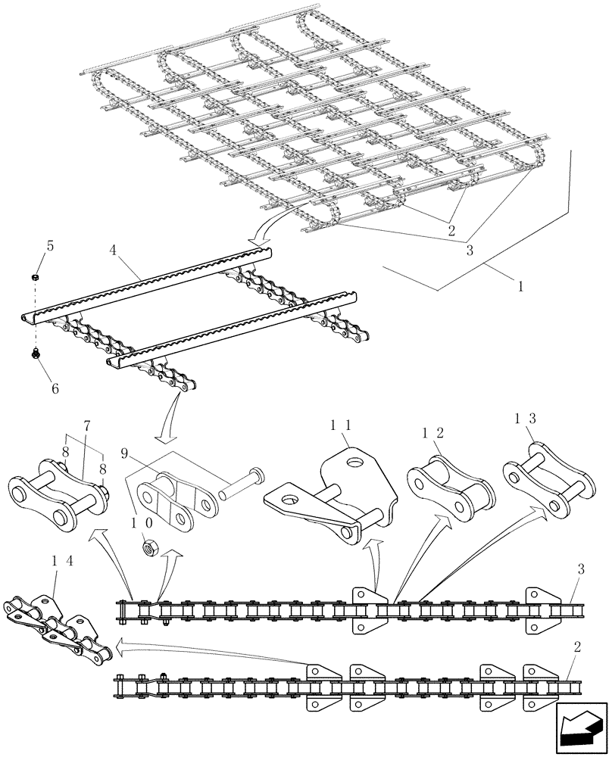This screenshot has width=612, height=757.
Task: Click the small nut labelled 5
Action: click(35, 278)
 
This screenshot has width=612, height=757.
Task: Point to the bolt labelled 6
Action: click(35, 353)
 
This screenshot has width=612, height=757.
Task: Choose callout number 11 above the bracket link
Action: click(341, 428)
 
